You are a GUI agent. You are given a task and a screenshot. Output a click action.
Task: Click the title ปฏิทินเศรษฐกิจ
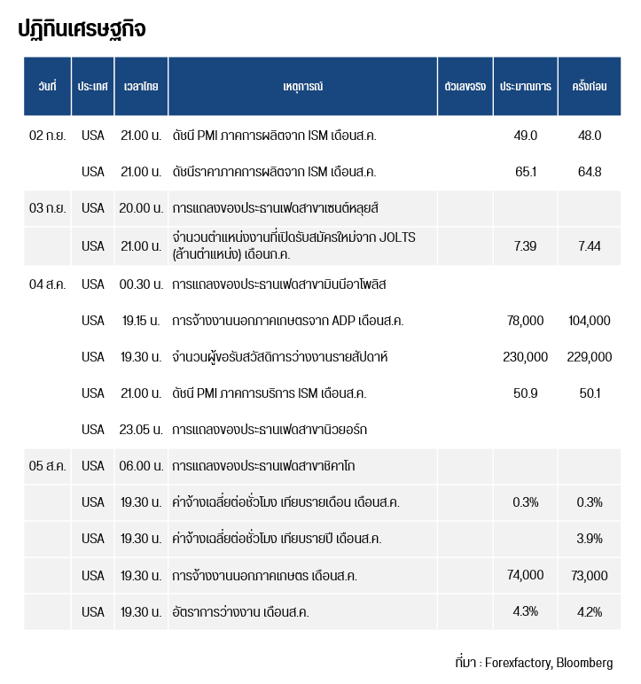(x=82, y=28)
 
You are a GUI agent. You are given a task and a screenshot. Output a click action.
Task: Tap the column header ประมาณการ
(x=525, y=87)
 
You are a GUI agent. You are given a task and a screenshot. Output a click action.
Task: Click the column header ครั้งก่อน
(x=590, y=87)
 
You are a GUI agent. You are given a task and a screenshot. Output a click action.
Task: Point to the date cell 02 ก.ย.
(x=47, y=136)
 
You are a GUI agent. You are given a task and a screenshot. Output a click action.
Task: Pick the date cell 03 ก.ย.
(x=47, y=208)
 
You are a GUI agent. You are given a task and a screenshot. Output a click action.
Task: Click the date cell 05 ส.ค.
(x=47, y=465)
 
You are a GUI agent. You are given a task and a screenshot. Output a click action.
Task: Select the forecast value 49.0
(x=525, y=136)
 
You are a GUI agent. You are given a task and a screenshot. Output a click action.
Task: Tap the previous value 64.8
(x=590, y=172)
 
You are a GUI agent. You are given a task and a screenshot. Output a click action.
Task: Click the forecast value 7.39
(x=525, y=246)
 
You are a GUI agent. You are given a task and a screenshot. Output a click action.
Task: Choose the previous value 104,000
(x=590, y=321)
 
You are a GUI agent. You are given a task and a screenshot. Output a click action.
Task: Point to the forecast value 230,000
(x=525, y=357)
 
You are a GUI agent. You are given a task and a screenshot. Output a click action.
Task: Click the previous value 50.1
(x=590, y=393)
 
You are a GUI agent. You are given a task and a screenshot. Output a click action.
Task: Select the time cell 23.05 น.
(x=140, y=430)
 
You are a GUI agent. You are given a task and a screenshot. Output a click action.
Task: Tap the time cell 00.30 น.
(x=140, y=284)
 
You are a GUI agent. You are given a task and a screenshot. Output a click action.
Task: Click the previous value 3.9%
(x=590, y=539)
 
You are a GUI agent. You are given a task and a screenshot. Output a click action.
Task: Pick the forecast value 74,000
(x=525, y=575)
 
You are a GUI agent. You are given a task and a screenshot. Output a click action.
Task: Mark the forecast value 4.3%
(x=525, y=611)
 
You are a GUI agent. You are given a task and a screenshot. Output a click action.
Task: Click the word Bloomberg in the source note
(x=584, y=663)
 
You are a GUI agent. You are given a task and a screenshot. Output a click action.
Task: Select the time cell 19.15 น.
(x=140, y=321)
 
